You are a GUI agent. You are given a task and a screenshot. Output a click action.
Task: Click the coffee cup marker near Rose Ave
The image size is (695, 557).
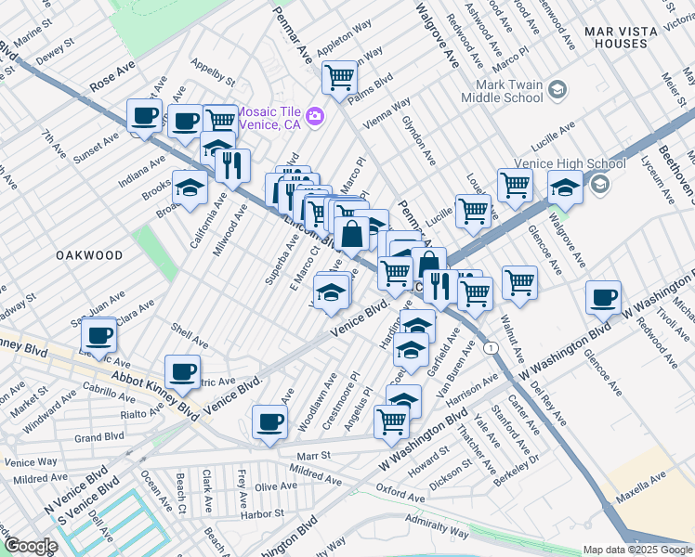[145, 117]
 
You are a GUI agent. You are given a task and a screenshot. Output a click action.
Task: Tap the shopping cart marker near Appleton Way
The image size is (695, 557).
[340, 78]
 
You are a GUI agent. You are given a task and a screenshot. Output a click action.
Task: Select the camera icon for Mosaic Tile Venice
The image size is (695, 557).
[315, 116]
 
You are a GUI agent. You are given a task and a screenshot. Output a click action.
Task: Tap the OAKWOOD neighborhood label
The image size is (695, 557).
[89, 254]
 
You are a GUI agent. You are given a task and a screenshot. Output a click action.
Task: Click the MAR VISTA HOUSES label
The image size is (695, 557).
[628, 37]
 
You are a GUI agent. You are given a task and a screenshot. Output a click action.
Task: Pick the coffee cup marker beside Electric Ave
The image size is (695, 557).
[98, 335]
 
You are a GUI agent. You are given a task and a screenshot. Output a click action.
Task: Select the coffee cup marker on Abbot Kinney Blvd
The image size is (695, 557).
[182, 372]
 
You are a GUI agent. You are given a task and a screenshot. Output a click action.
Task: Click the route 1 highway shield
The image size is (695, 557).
[490, 345]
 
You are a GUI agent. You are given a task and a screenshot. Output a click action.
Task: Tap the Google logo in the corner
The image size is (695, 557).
[31, 545]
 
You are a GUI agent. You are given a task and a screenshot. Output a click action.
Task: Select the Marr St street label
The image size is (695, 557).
[313, 456]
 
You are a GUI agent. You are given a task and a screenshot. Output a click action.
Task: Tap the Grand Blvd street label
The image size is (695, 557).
[99, 436]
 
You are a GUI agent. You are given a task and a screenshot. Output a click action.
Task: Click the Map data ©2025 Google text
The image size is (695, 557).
[637, 550]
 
